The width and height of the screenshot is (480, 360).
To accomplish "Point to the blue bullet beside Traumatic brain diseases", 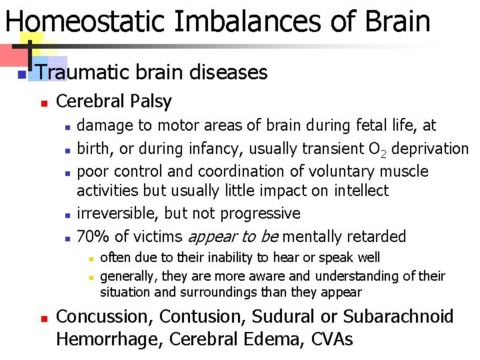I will (x=22, y=73).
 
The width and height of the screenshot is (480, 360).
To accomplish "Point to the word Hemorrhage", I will (x=109, y=339).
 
